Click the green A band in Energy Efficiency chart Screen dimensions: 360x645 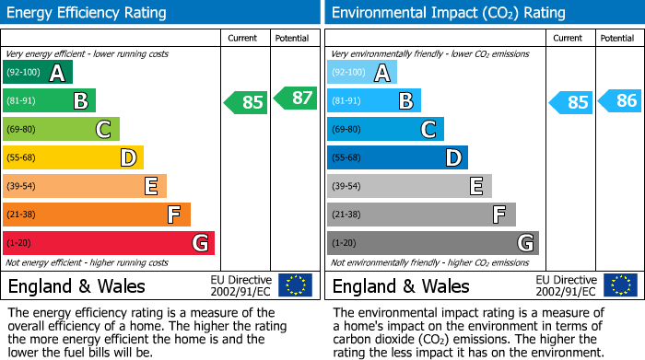[37, 73]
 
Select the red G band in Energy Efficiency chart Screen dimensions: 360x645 [108, 243]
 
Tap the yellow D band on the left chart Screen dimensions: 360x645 [73, 158]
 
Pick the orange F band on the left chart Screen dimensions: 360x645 [96, 215]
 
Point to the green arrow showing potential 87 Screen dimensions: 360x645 [295, 98]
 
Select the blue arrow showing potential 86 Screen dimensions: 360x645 [620, 101]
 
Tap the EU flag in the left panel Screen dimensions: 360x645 [295, 285]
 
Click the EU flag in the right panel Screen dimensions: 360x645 [619, 285]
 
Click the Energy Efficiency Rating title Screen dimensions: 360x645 [88, 13]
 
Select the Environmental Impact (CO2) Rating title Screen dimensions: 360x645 [448, 13]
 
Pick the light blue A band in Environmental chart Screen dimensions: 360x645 [362, 73]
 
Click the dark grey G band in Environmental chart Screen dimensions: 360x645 [432, 243]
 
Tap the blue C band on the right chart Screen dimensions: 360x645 [385, 130]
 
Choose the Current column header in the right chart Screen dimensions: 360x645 [569, 39]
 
